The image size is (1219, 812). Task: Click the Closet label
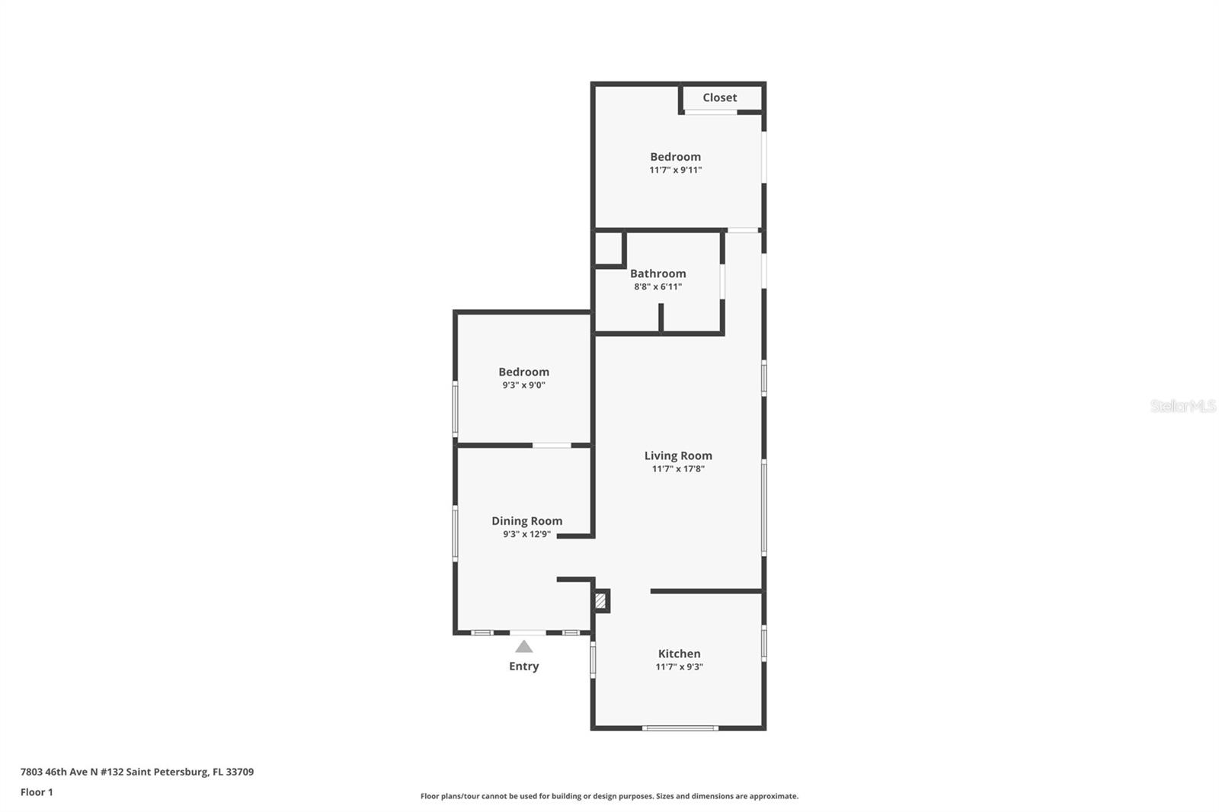pyautogui.click(x=719, y=98)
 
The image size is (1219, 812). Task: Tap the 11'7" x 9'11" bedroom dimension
pyautogui.click(x=675, y=170)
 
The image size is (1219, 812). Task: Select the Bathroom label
pyautogui.click(x=658, y=273)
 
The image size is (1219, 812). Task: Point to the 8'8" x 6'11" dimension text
pyautogui.click(x=658, y=287)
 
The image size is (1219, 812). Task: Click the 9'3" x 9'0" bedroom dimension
pyautogui.click(x=523, y=385)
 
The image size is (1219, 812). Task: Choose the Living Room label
pyautogui.click(x=678, y=456)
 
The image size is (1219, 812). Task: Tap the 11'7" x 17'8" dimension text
pyautogui.click(x=678, y=468)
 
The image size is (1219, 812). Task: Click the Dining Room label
pyautogui.click(x=526, y=521)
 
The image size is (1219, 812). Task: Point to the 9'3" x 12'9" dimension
pyautogui.click(x=526, y=534)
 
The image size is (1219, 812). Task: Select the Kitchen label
pyautogui.click(x=679, y=654)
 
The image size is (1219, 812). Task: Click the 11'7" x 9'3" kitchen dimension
pyautogui.click(x=679, y=667)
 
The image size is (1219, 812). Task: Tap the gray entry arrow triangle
pyautogui.click(x=523, y=647)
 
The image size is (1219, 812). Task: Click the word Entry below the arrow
pyautogui.click(x=523, y=667)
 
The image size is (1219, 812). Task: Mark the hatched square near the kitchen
pyautogui.click(x=600, y=601)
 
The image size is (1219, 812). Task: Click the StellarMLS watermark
pyautogui.click(x=1182, y=406)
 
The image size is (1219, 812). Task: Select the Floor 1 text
pyautogui.click(x=37, y=792)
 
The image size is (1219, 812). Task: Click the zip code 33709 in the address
pyautogui.click(x=239, y=772)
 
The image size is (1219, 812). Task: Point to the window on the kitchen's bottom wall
pyautogui.click(x=680, y=728)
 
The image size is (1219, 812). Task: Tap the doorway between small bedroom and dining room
pyautogui.click(x=552, y=446)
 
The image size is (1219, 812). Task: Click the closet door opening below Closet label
pyautogui.click(x=710, y=112)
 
